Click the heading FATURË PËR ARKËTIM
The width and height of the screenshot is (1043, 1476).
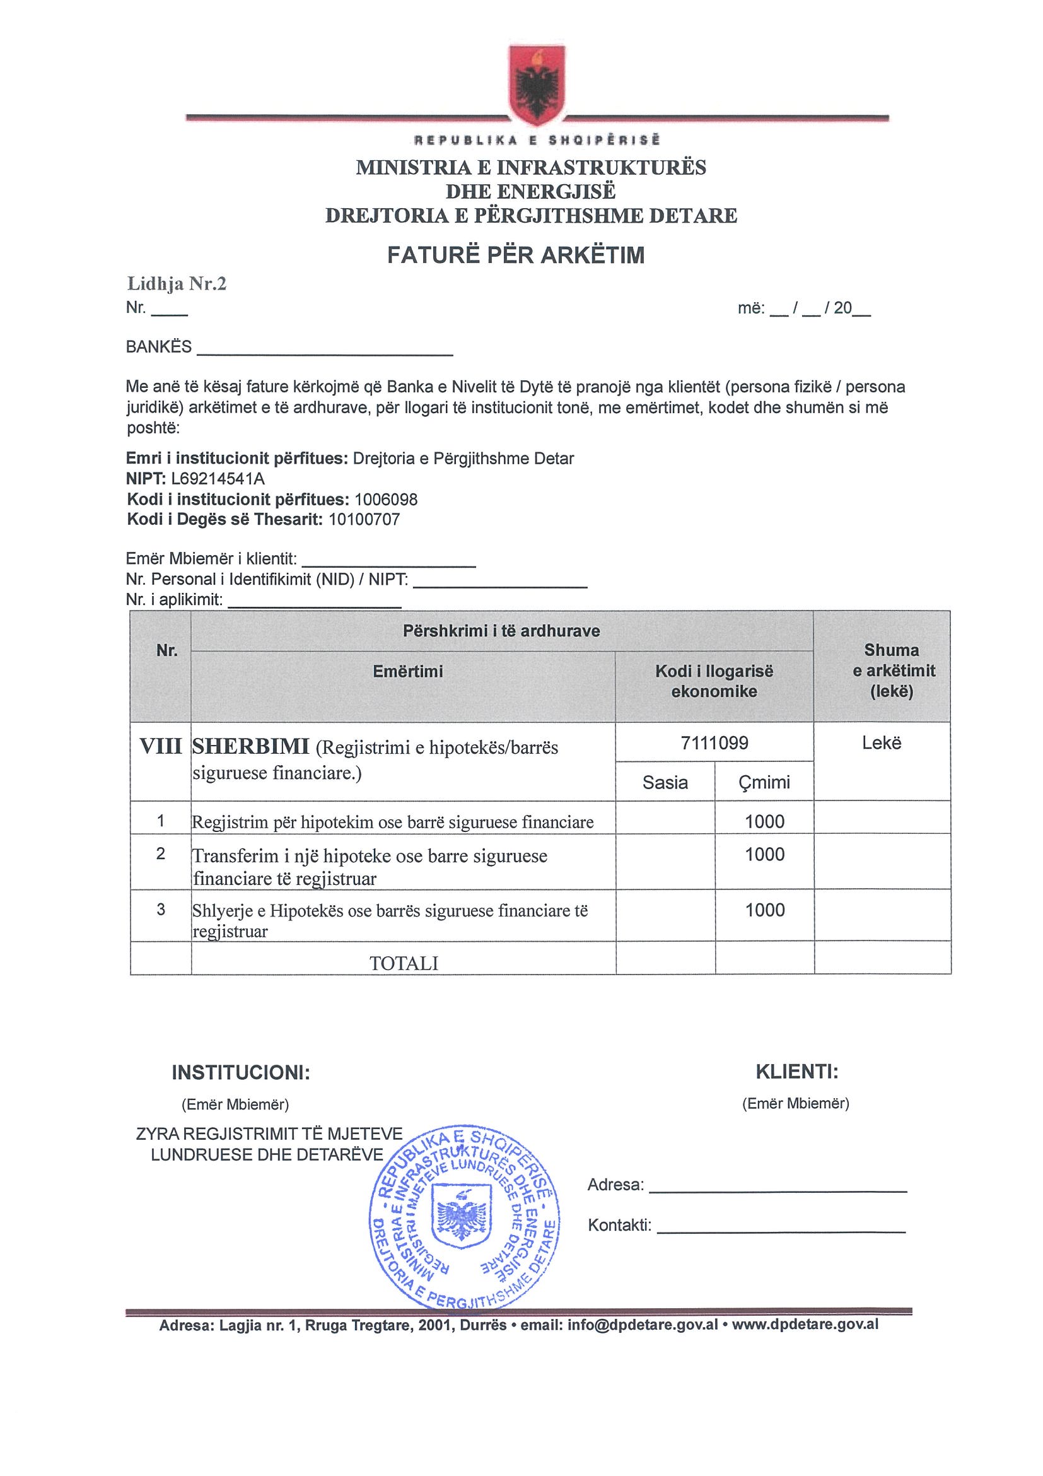point(515,255)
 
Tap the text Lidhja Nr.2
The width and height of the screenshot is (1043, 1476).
point(177,283)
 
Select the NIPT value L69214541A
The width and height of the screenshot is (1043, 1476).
point(218,479)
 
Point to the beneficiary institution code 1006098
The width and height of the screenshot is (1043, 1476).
point(385,500)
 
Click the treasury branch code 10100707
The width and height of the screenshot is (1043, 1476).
point(364,519)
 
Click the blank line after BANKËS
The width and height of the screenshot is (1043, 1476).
point(325,353)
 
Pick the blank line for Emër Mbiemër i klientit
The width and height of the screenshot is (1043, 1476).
point(389,564)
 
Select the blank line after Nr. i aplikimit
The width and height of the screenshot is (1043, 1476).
point(315,605)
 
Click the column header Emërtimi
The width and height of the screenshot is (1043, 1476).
point(407,672)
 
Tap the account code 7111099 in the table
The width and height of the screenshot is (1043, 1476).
point(714,743)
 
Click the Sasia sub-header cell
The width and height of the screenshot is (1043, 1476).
point(665,782)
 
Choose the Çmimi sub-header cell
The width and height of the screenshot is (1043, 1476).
point(764,782)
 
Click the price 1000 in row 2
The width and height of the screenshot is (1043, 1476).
point(765,854)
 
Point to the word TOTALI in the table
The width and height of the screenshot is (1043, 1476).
point(404,963)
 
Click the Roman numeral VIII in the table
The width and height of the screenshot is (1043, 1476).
point(160,747)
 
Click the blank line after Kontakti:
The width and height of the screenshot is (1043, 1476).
point(781,1231)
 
